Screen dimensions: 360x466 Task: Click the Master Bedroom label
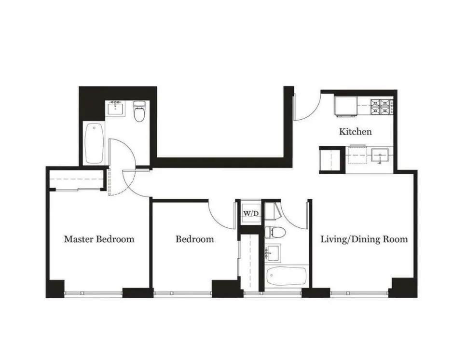tap(99, 239)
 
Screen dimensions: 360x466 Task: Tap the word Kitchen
tap(355, 131)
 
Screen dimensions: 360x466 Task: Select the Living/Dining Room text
tap(364, 239)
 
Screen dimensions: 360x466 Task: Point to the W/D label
tap(250, 213)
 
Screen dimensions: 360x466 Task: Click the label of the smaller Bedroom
tap(194, 239)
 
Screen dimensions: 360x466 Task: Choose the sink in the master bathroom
tap(116, 109)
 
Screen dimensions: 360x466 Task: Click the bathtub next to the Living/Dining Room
tap(286, 277)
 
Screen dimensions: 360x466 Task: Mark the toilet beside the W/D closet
tap(275, 232)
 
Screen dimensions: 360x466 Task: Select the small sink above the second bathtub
tap(273, 252)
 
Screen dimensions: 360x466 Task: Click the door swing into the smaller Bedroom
tap(222, 214)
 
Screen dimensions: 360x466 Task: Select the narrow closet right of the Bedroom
tap(250, 263)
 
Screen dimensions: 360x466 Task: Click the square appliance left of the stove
tap(346, 106)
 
